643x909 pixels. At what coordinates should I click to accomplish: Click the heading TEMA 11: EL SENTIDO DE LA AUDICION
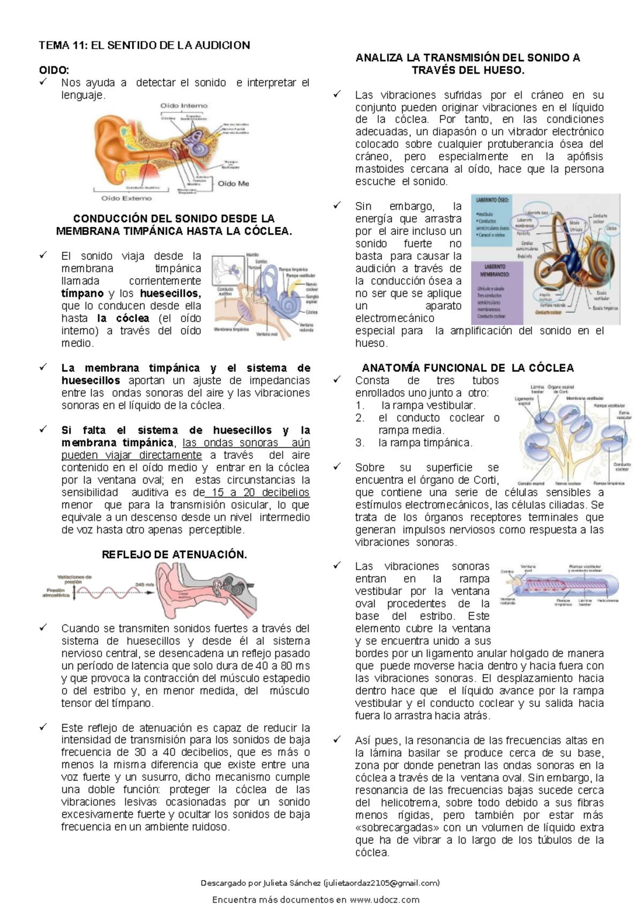click(144, 45)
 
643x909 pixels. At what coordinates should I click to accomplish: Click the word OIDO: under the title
click(54, 70)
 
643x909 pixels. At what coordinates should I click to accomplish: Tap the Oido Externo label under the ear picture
click(126, 198)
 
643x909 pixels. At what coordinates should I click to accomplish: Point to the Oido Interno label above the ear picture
click(184, 106)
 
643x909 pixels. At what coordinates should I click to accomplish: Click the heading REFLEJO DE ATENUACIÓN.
click(174, 555)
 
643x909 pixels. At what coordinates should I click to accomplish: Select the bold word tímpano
click(82, 293)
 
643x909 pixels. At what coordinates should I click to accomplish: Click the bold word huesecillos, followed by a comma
click(170, 293)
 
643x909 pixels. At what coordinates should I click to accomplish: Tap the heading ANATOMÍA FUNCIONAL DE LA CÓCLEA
click(467, 368)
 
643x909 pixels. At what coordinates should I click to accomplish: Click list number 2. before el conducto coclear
click(360, 418)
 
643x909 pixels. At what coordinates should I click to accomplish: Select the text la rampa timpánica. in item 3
click(425, 443)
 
